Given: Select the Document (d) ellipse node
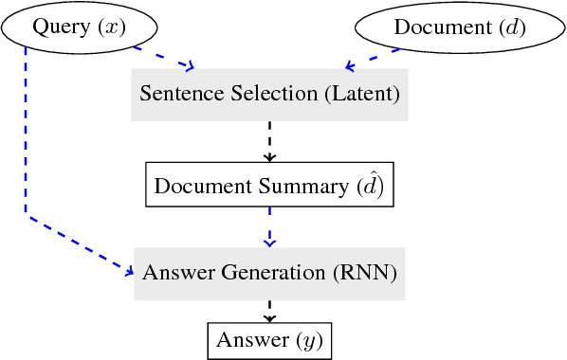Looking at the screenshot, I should coord(459,28).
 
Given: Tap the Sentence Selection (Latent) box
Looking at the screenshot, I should coord(269,94).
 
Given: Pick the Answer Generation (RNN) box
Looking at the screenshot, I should coord(269,273).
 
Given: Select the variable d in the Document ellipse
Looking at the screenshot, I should coord(509,28).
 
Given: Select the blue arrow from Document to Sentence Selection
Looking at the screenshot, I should coord(371,59).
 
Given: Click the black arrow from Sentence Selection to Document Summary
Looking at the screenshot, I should coord(269,141).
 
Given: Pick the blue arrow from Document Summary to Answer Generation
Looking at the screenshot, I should coord(269,227).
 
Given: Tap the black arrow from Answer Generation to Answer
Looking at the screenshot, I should coord(269,311).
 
